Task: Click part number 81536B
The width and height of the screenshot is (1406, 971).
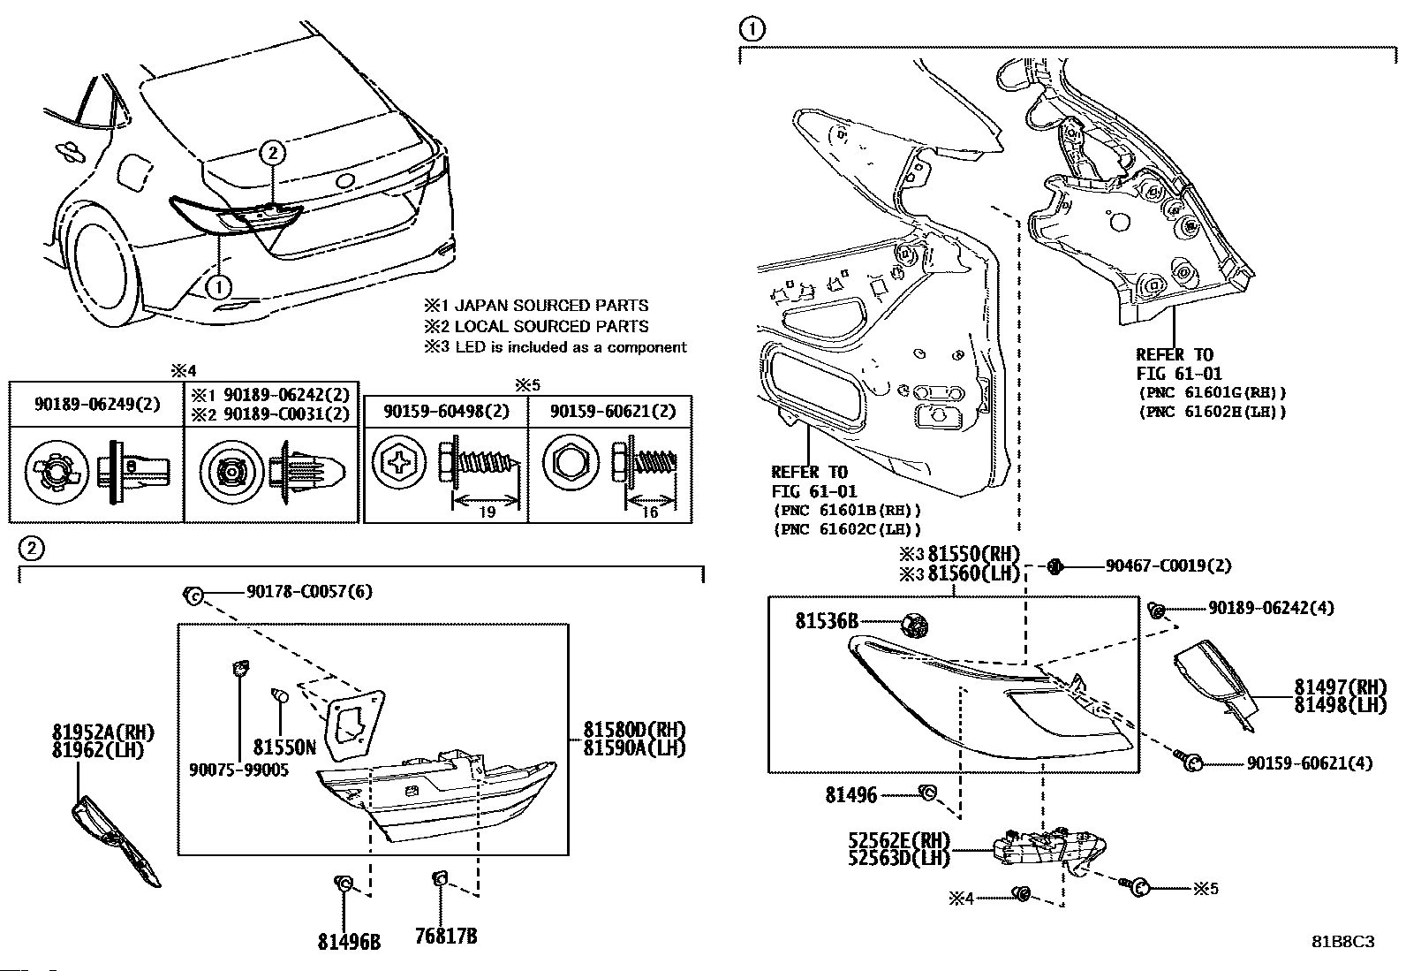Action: click(x=827, y=622)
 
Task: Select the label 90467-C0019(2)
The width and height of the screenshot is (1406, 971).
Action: click(x=1168, y=565)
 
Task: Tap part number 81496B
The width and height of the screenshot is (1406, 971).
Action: click(x=350, y=940)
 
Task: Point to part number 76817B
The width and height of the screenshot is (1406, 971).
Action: click(x=447, y=936)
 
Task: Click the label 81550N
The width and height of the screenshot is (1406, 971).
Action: click(x=284, y=747)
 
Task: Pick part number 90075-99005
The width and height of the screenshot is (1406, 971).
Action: click(x=238, y=770)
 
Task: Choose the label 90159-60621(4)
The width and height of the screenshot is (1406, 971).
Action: click(x=1310, y=762)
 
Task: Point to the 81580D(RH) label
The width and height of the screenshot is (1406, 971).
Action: click(x=634, y=730)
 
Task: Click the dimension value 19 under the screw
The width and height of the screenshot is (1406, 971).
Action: click(x=487, y=512)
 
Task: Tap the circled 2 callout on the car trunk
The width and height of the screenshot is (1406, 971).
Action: click(x=273, y=153)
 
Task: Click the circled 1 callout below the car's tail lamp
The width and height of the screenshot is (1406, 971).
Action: click(x=217, y=286)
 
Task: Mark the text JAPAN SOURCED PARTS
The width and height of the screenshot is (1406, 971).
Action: click(x=551, y=306)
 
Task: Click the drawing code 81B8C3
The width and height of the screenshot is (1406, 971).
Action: click(x=1342, y=942)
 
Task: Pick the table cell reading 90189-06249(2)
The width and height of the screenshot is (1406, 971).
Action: click(x=97, y=404)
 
